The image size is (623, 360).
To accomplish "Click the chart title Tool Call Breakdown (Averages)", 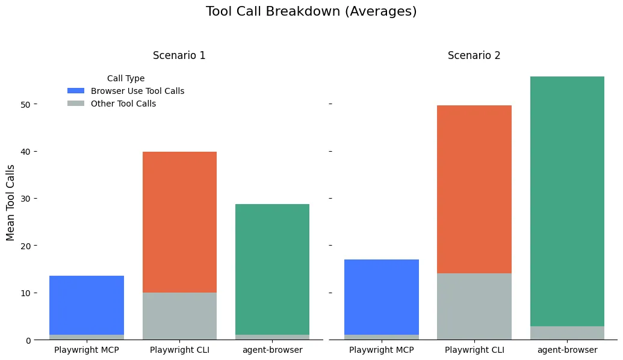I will tap(311, 11).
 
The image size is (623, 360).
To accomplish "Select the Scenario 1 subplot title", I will tap(179, 55).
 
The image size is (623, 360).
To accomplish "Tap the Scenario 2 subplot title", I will tap(474, 55).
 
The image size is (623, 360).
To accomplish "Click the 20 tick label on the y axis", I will tap(25, 246).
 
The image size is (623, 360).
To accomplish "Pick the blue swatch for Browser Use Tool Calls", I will tap(76, 91).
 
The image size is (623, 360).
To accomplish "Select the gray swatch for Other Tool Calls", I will tap(76, 104).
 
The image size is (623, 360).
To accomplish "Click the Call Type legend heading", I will tap(126, 78).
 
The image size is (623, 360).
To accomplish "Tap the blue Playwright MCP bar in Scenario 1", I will tap(86, 305).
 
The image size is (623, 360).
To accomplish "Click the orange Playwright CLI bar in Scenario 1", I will tap(179, 222).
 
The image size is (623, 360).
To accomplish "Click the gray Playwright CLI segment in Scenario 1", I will tap(179, 316).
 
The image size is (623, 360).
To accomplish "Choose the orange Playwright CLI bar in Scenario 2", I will tap(474, 189).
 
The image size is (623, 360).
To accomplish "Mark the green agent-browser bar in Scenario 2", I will tap(567, 201).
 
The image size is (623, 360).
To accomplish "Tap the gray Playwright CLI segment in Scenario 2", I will tap(474, 306).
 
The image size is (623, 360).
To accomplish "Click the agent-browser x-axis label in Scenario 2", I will tap(567, 350).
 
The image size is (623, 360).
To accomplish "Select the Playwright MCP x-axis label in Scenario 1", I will tap(86, 350).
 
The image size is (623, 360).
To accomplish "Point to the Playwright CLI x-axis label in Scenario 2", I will tap(474, 350).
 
